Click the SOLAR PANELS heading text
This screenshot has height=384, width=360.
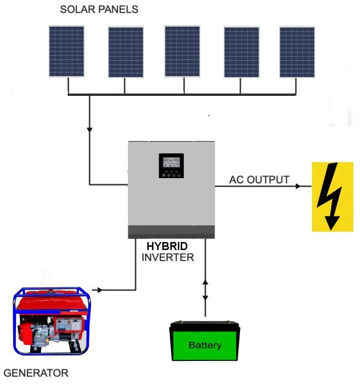click(x=99, y=9)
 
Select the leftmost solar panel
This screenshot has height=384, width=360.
click(x=66, y=51)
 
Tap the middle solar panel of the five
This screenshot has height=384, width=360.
click(x=182, y=51)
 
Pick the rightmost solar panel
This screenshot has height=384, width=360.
click(x=297, y=52)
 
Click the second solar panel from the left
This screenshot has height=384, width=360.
click(x=126, y=52)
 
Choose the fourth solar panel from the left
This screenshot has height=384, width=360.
click(x=241, y=52)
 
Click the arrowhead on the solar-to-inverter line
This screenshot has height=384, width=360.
click(x=89, y=130)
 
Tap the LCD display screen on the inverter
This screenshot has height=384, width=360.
click(x=171, y=162)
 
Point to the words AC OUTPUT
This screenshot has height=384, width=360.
click(x=259, y=180)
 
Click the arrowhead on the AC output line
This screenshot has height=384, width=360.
click(x=298, y=186)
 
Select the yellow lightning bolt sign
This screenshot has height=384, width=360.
click(x=333, y=196)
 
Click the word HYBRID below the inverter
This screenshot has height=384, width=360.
click(x=167, y=246)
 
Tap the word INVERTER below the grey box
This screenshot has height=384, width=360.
click(x=168, y=258)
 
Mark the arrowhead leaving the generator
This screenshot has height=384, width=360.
click(x=100, y=290)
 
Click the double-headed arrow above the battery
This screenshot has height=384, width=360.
click(x=205, y=290)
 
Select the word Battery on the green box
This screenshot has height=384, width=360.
click(x=205, y=345)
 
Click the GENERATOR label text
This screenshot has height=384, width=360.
click(x=36, y=373)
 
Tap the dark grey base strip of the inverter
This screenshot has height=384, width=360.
click(x=171, y=232)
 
